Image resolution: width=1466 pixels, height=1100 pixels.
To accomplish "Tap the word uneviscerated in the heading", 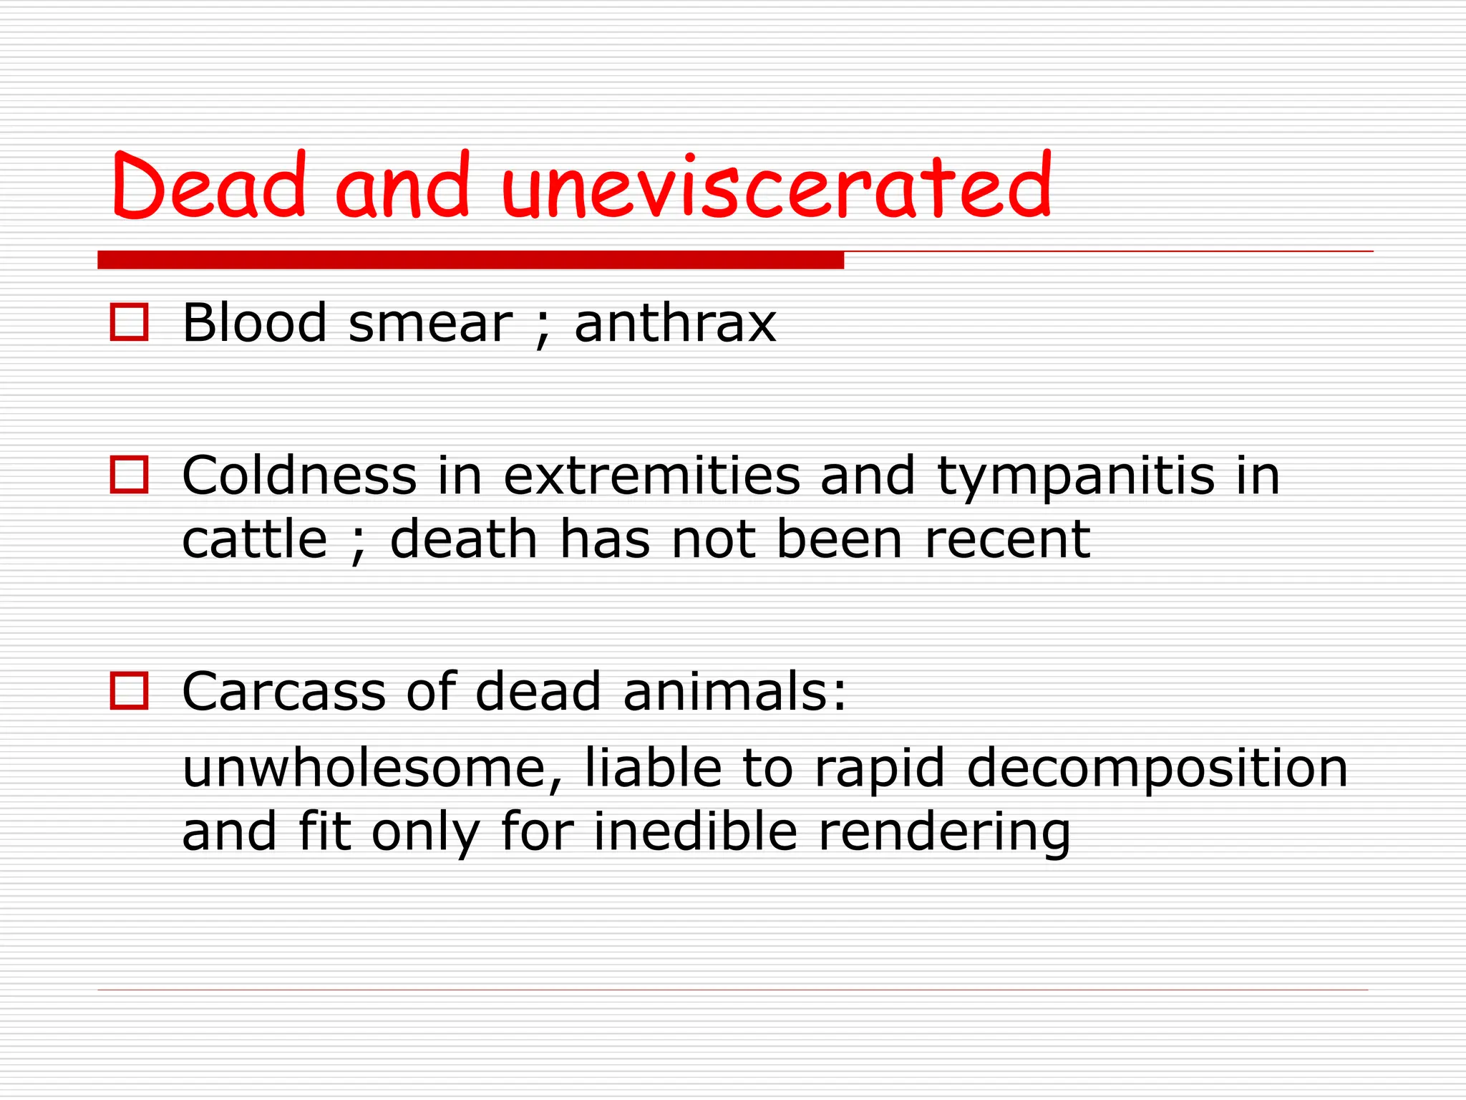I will click(777, 186).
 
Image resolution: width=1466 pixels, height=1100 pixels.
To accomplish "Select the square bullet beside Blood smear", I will click(129, 322).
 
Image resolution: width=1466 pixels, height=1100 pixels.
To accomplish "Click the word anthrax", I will click(675, 324).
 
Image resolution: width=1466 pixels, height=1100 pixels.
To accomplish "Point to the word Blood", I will click(255, 324).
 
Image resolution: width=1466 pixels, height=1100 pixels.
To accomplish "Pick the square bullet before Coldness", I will click(129, 475).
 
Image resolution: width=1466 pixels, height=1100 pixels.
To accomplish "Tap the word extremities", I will click(651, 476).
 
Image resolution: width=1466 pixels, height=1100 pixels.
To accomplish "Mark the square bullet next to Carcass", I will click(129, 691).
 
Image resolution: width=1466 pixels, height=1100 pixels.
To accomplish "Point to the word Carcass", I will click(283, 692).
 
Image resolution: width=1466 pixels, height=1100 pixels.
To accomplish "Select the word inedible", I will click(695, 831).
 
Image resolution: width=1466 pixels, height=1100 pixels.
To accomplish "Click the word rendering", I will click(944, 833).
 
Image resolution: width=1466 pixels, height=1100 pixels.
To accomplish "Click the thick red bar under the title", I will click(470, 260).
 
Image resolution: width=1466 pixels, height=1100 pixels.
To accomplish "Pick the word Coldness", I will click(299, 476).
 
